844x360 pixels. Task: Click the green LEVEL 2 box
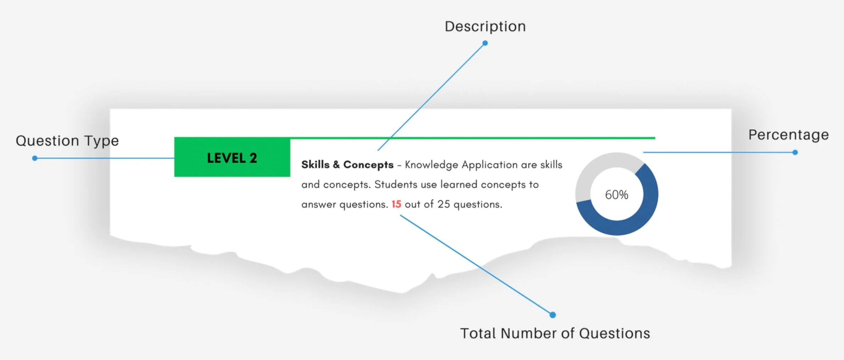click(x=232, y=157)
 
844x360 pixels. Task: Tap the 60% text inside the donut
click(x=616, y=195)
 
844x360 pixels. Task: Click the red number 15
click(x=396, y=204)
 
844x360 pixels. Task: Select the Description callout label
click(x=485, y=27)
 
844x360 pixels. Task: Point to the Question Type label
click(x=67, y=141)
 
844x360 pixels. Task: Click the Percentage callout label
click(x=788, y=135)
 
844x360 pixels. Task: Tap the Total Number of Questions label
click(x=555, y=333)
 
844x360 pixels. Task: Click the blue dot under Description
click(x=485, y=43)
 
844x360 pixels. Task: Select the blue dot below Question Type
click(x=35, y=158)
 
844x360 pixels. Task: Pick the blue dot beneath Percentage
click(x=795, y=153)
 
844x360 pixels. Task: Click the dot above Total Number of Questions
click(x=553, y=315)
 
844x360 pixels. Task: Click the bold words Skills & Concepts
click(x=347, y=165)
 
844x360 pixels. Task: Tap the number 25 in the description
click(x=443, y=204)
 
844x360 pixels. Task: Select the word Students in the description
click(x=396, y=184)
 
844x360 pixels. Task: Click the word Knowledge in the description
click(x=431, y=165)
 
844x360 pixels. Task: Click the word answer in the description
click(x=318, y=205)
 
